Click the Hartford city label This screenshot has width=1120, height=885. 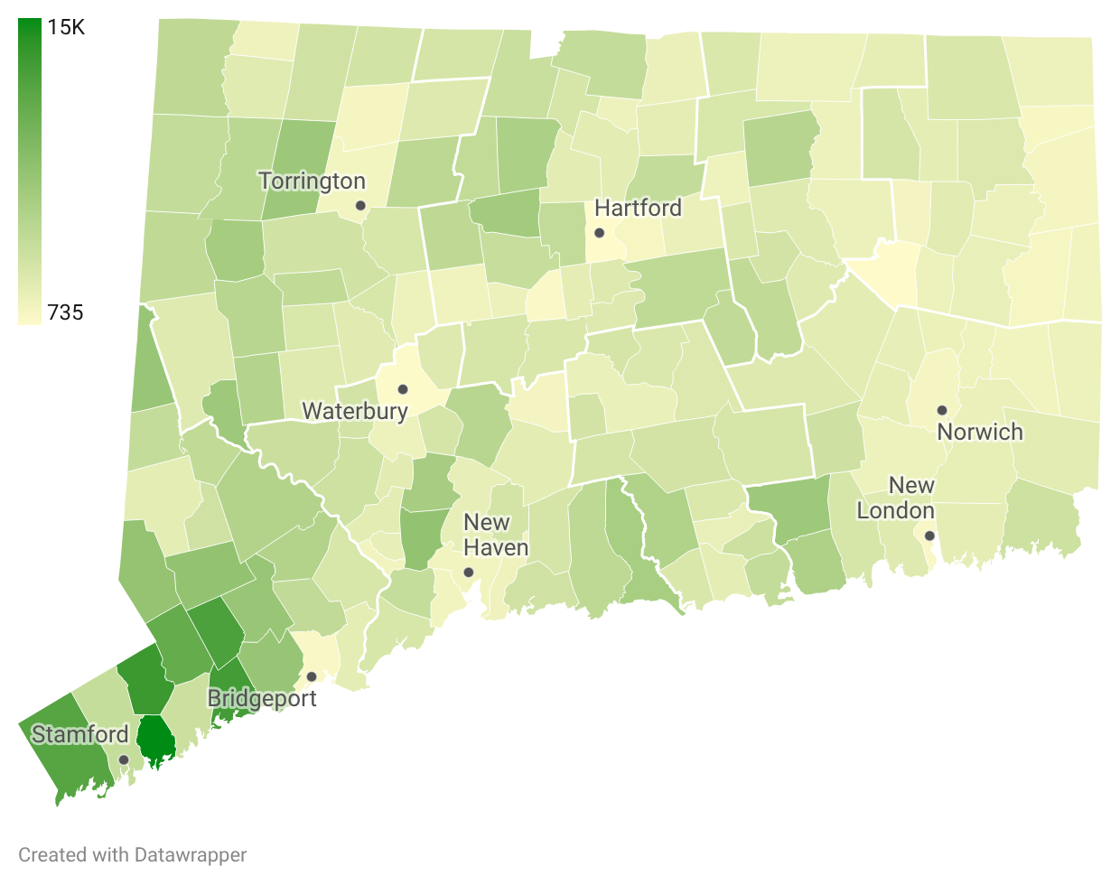click(x=638, y=209)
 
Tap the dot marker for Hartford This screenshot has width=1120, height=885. click(x=599, y=233)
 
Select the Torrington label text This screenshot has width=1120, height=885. click(x=312, y=182)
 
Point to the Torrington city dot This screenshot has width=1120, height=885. click(x=360, y=206)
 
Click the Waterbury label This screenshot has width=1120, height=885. click(x=355, y=412)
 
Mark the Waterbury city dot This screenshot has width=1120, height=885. click(x=403, y=390)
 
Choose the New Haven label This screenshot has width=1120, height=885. click(x=495, y=536)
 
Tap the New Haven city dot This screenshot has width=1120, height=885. click(x=468, y=573)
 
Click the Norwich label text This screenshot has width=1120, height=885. click(x=980, y=432)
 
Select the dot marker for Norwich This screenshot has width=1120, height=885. click(x=942, y=410)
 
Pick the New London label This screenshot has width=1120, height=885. click(x=896, y=498)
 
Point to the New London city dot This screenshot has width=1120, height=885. click(x=929, y=536)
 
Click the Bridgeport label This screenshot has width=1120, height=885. click(x=262, y=699)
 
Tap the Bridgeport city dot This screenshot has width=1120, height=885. click(x=311, y=676)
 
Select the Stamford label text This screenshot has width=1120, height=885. click(x=80, y=734)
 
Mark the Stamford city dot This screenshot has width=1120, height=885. click(x=124, y=759)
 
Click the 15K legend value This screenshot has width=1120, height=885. click(x=66, y=27)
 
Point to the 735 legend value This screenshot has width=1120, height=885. click(x=65, y=312)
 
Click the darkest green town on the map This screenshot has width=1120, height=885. click(x=154, y=741)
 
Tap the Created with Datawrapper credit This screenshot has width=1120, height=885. click(x=132, y=854)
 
